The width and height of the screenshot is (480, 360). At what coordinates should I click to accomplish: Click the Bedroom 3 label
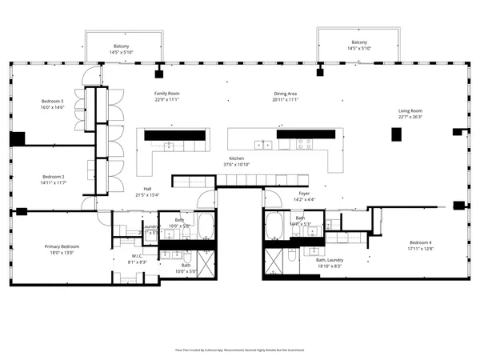coord(53,102)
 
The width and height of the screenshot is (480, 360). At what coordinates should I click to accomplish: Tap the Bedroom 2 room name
coord(53,176)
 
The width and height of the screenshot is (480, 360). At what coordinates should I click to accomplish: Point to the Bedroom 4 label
coord(421,242)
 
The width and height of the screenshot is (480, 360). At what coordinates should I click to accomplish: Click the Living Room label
coord(410,111)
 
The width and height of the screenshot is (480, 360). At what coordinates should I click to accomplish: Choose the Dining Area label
coord(285,94)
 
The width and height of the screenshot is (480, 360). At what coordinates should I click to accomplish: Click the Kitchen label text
coord(237,159)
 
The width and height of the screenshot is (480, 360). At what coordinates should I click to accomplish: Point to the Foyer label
coord(304,193)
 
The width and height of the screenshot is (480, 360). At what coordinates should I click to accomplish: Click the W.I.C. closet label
coord(138,256)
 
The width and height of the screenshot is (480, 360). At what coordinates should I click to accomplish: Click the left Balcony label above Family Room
coord(122,46)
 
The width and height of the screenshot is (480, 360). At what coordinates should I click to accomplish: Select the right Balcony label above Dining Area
coord(359,42)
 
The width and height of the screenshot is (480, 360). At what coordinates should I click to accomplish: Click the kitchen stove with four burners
coord(304,144)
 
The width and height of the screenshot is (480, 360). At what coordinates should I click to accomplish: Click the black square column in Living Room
coord(396,134)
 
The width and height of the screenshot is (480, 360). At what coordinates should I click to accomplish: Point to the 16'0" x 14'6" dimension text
coord(53,107)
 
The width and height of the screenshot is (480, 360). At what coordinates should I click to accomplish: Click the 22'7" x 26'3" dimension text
coord(410,117)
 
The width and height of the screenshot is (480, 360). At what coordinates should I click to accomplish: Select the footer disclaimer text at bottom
coord(240,350)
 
